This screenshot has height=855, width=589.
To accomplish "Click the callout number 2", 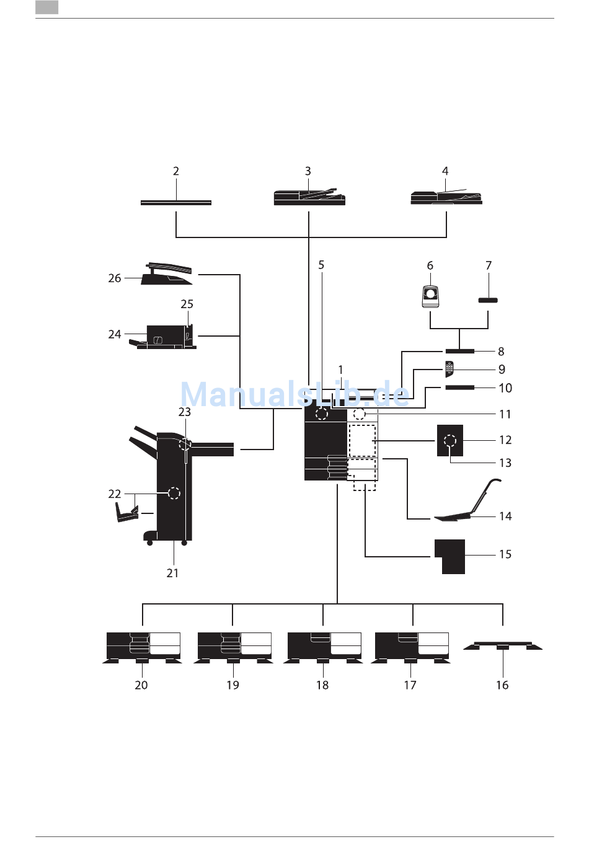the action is click(175, 171).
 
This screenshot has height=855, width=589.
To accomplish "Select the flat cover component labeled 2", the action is click(175, 202).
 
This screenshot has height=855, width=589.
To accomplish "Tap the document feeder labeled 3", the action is click(309, 197).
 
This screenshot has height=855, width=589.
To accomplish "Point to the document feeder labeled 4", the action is click(446, 197).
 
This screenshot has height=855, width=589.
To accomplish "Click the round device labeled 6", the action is click(430, 296).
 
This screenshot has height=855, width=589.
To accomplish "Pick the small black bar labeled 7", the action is click(488, 300).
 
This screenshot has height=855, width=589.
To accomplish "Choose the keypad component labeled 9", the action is click(449, 369).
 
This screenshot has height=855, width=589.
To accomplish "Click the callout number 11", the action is click(505, 414).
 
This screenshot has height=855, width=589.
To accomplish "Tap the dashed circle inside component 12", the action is click(450, 441).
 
